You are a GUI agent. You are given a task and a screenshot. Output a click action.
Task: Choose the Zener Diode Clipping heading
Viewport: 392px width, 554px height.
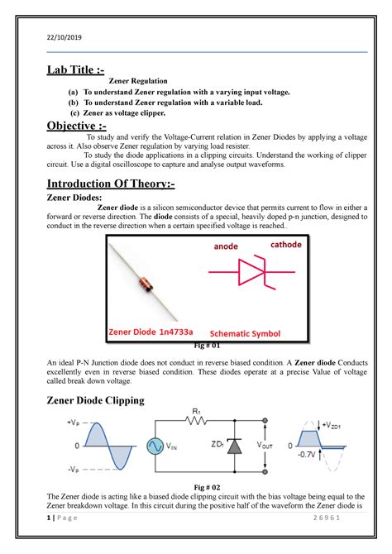[x=93, y=401]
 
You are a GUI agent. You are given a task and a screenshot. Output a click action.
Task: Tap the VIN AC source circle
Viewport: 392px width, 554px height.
[x=155, y=446]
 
